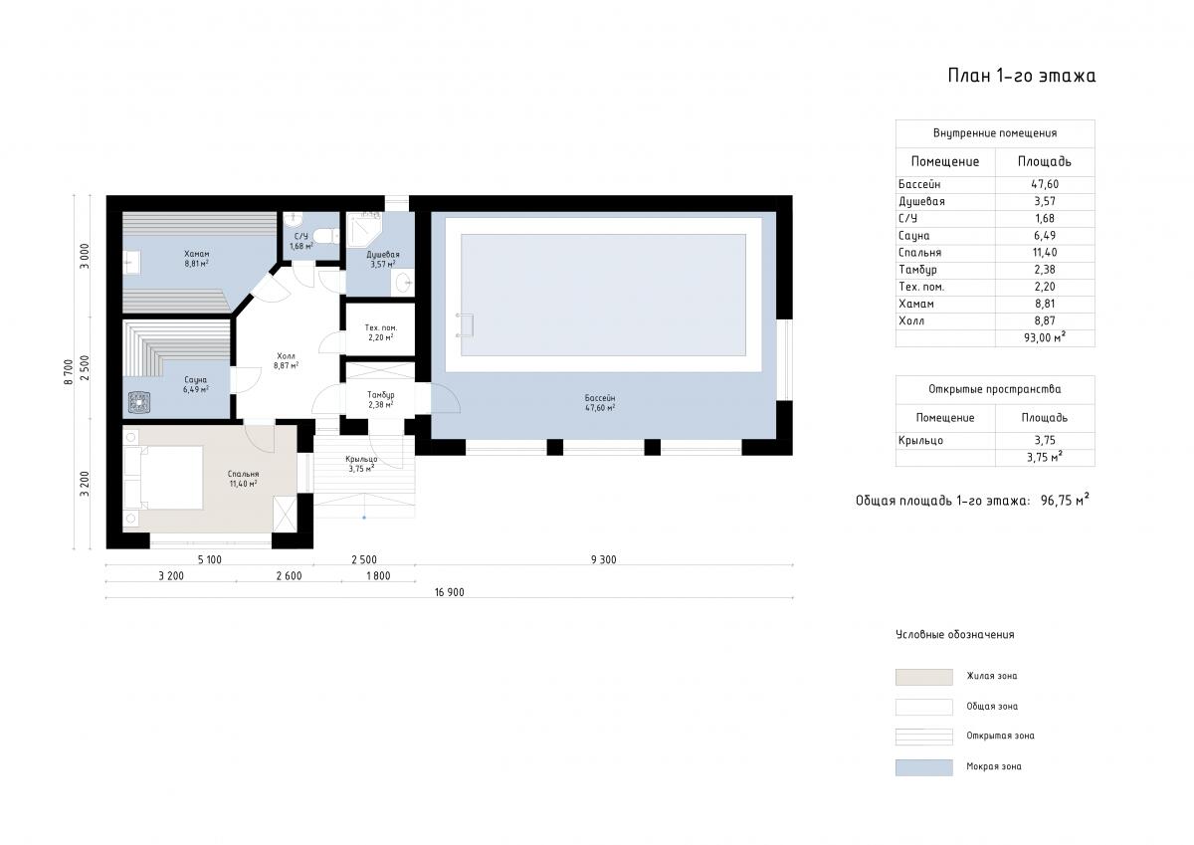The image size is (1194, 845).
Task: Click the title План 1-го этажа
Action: [1021, 76]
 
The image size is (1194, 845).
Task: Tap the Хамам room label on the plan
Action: [197, 254]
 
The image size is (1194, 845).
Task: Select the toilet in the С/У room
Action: [325, 236]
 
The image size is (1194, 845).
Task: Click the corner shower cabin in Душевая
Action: [365, 229]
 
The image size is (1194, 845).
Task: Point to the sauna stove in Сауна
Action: [139, 402]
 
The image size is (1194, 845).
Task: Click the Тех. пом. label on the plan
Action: [380, 327]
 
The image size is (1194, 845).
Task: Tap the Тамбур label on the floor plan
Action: [380, 395]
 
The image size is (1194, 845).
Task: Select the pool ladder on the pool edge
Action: [465, 325]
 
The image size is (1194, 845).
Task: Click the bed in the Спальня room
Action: [163, 478]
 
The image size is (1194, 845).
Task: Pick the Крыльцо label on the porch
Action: [361, 459]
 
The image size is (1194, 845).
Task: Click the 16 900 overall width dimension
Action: [450, 592]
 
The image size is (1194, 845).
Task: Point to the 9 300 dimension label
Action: [603, 559]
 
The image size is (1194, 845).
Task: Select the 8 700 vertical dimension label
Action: [69, 372]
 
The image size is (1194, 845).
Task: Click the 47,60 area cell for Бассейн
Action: [1045, 184]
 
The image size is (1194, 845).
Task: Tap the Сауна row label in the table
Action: [913, 236]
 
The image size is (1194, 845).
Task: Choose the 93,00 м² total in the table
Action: [1045, 337]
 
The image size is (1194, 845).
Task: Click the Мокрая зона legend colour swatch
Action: [923, 767]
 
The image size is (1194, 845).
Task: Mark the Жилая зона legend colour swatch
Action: [923, 677]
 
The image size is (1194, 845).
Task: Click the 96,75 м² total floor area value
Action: [1065, 500]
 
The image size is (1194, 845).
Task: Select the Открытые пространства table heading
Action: [995, 389]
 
